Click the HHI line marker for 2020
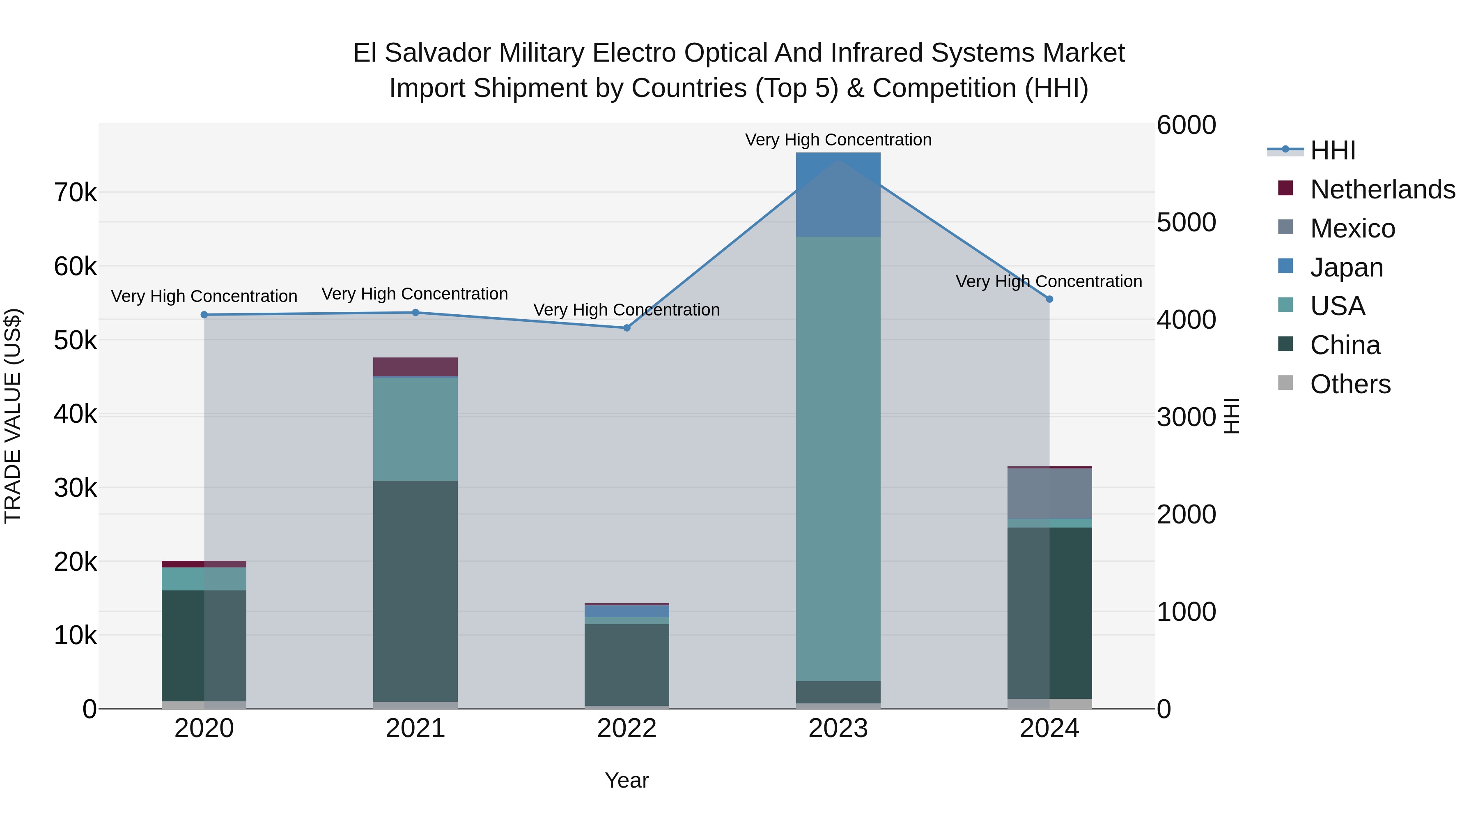[204, 315]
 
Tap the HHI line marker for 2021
[415, 312]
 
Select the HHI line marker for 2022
[627, 328]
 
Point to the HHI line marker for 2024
[1049, 299]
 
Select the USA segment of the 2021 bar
[415, 429]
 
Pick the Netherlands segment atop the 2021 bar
[415, 367]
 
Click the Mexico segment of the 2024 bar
[1049, 494]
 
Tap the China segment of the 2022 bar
[627, 664]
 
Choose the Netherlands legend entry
[1382, 189]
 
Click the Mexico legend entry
[1352, 228]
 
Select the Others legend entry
[1349, 384]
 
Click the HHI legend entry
[1332, 150]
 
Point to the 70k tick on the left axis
[75, 193]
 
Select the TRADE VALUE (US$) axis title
[13, 416]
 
